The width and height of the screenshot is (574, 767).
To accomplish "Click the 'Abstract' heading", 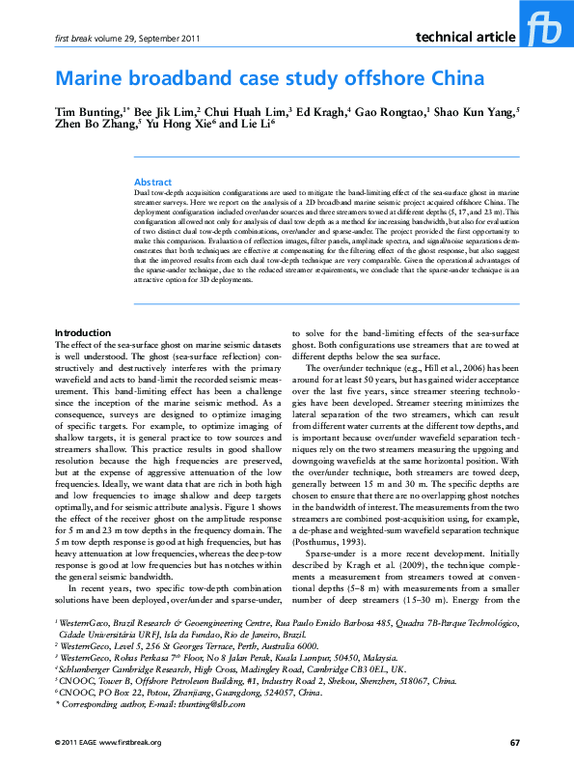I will (152, 182).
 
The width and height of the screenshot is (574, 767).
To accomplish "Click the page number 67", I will (514, 742).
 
